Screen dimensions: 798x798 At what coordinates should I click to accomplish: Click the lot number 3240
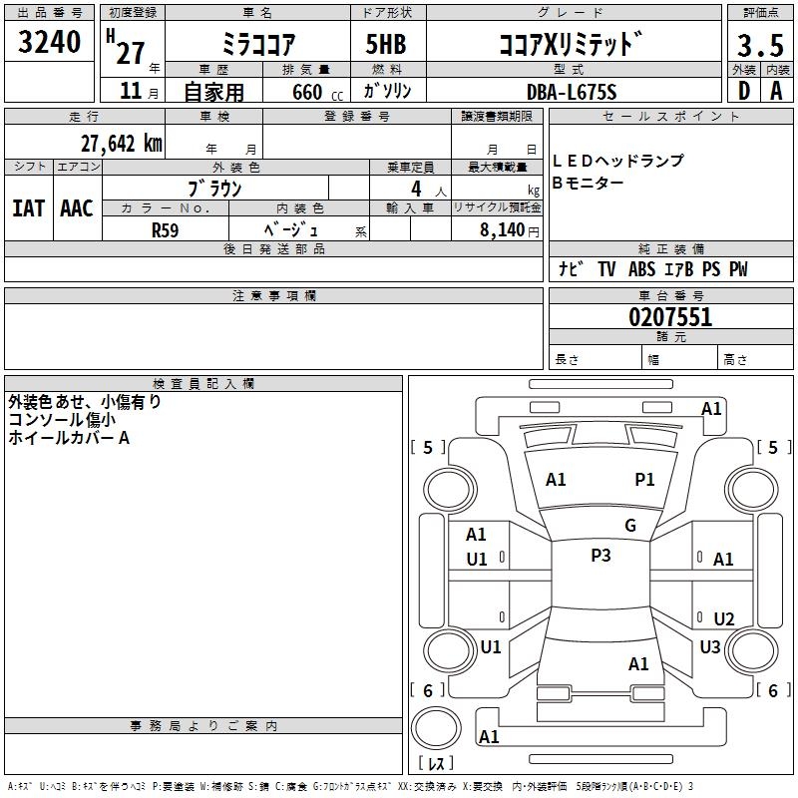50,41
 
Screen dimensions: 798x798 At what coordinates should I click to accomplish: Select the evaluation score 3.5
759,46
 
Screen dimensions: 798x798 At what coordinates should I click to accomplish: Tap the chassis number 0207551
670,318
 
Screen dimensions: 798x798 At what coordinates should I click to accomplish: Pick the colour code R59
165,229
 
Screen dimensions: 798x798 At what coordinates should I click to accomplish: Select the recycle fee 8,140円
503,229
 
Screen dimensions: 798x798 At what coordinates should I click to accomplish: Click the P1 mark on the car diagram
645,480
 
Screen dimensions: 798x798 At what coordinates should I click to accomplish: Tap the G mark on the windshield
630,526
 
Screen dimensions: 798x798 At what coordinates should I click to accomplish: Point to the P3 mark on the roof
600,556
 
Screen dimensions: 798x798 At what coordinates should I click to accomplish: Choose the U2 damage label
724,619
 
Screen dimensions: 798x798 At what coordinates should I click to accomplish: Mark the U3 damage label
710,647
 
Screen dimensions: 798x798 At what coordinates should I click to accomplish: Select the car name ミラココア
257,46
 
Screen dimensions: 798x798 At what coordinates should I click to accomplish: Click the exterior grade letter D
743,92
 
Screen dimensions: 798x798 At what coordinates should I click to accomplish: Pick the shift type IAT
29,207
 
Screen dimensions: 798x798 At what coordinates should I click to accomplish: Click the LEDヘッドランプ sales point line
618,161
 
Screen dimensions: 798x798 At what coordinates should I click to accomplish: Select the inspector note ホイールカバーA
69,437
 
